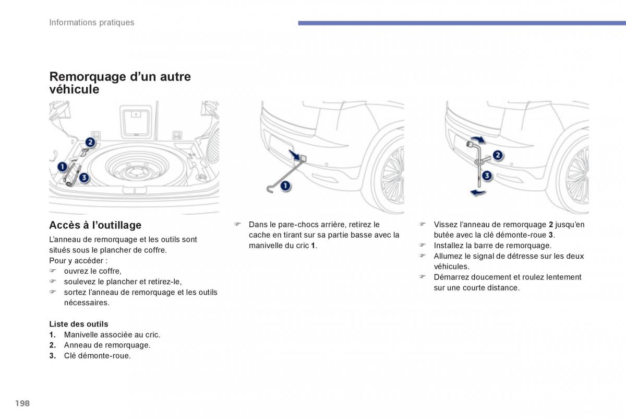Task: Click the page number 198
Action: coord(22,403)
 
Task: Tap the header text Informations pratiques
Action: coord(92,22)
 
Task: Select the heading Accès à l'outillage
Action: coord(95,225)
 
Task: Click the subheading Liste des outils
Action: coord(79,324)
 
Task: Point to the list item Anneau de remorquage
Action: coord(107,345)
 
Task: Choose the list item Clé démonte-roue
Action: coord(97,356)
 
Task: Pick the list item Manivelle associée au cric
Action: coord(112,335)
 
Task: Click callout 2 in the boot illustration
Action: coord(90,143)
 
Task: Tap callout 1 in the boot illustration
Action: coord(62,167)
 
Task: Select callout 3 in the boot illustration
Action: coord(84,178)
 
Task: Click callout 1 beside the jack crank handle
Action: coord(285,185)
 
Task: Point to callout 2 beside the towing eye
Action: coord(498,155)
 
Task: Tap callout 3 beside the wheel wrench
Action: coord(487,176)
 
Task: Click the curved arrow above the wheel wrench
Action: coord(478,139)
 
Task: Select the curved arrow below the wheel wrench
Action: coord(478,192)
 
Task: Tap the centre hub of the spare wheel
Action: coord(137,171)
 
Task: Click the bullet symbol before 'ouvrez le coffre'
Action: coord(53,271)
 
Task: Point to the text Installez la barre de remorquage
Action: coord(492,246)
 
